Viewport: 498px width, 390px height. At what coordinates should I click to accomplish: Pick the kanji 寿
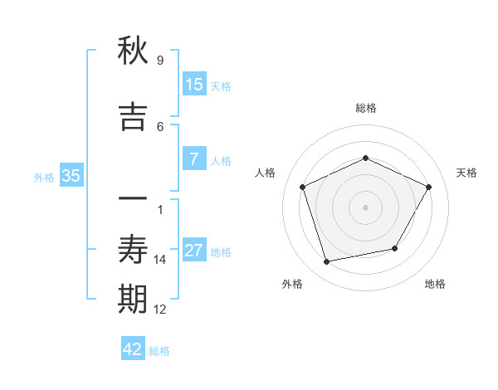tap(133, 250)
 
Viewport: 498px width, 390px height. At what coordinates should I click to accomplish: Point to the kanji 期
tap(133, 300)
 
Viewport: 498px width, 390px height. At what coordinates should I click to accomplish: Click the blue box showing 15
tap(194, 85)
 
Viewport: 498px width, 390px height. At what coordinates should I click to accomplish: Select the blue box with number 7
tap(193, 159)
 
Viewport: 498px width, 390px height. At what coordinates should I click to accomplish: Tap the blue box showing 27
tap(194, 251)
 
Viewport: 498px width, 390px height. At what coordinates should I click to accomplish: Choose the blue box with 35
tap(71, 176)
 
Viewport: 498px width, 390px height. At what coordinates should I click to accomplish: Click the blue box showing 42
tap(133, 349)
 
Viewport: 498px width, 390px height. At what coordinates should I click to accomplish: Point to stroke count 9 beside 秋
tap(159, 61)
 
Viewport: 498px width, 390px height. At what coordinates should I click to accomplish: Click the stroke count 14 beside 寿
tap(160, 260)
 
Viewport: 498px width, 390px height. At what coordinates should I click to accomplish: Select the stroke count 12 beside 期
tap(160, 310)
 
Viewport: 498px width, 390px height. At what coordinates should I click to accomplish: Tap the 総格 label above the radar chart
tap(365, 108)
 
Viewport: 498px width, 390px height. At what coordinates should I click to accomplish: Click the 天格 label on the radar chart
tap(466, 173)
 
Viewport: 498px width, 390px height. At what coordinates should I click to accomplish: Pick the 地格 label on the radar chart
tap(435, 284)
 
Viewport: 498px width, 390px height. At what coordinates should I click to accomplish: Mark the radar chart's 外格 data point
tap(327, 262)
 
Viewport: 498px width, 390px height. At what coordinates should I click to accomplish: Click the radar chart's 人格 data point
tap(303, 187)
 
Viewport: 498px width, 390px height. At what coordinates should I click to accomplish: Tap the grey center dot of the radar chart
tap(365, 207)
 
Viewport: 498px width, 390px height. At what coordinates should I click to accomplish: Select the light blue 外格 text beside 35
tap(44, 177)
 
